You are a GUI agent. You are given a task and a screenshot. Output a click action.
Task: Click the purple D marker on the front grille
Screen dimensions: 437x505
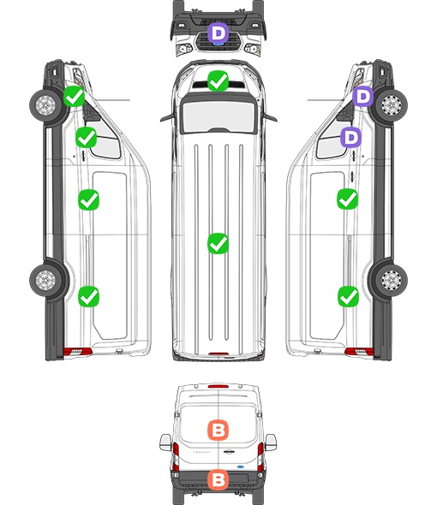pyautogui.click(x=218, y=33)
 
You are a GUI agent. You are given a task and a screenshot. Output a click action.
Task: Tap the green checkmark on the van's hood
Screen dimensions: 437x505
pyautogui.click(x=218, y=80)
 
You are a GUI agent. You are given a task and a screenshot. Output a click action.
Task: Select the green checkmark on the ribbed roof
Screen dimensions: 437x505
pyautogui.click(x=218, y=243)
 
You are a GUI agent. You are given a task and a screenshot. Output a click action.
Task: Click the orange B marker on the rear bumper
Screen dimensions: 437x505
pyautogui.click(x=218, y=480)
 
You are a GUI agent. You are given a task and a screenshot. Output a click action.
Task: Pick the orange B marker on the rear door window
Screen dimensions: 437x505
pyautogui.click(x=218, y=430)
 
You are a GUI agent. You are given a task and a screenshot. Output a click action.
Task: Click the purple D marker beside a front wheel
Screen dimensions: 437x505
pyautogui.click(x=362, y=97)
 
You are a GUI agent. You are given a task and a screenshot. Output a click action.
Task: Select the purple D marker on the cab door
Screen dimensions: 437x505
pyautogui.click(x=351, y=137)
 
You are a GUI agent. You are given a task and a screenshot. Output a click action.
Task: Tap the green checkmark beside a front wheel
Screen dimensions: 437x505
pyautogui.click(x=74, y=97)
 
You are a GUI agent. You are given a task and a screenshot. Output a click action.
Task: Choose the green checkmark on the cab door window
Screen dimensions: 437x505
pyautogui.click(x=86, y=137)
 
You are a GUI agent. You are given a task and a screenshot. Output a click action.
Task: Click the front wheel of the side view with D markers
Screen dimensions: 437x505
pyautogui.click(x=392, y=105)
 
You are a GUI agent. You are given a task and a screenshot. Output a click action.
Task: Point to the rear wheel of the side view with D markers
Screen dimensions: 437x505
pyautogui.click(x=392, y=280)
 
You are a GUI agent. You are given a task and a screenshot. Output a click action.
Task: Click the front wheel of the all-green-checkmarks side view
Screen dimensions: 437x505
pyautogui.click(x=45, y=105)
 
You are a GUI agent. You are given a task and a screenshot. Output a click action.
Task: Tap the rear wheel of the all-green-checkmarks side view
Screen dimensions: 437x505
pyautogui.click(x=45, y=280)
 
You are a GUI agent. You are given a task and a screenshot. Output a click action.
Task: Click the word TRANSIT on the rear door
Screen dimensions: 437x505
pyautogui.click(x=201, y=452)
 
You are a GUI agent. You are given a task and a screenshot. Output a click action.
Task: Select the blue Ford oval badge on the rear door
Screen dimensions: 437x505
pyautogui.click(x=240, y=466)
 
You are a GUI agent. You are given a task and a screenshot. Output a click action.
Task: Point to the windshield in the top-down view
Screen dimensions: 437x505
pyautogui.click(x=218, y=116)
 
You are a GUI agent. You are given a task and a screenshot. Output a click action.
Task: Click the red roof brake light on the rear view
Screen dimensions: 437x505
pyautogui.click(x=218, y=386)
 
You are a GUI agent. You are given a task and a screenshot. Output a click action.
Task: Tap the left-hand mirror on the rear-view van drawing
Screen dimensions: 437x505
pyautogui.click(x=165, y=443)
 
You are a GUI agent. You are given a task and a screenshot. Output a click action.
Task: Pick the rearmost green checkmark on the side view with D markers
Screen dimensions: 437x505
pyautogui.click(x=348, y=297)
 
